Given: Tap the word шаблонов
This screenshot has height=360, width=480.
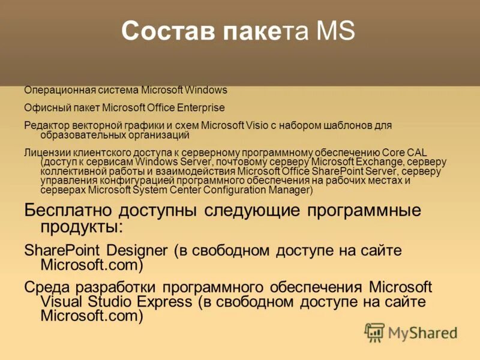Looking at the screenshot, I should [x=352, y=125].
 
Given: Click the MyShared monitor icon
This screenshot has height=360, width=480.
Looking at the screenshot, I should [x=374, y=332].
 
